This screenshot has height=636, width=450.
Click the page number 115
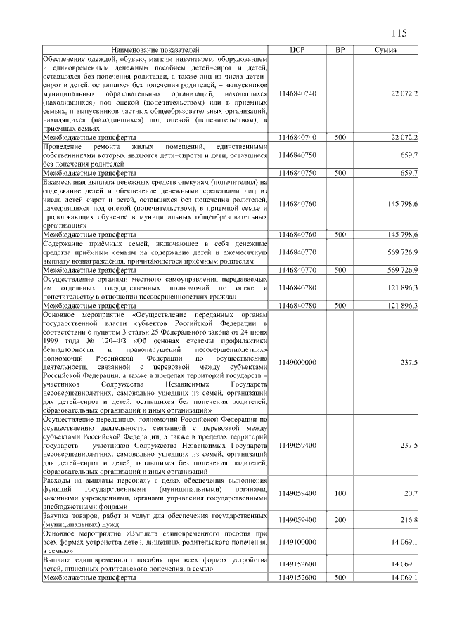(x=399, y=32)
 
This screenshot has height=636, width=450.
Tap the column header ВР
(x=340, y=50)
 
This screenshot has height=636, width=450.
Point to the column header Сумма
(x=385, y=50)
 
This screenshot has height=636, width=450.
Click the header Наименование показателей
(x=155, y=50)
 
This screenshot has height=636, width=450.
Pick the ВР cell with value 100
(x=340, y=494)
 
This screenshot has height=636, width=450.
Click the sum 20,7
(x=410, y=494)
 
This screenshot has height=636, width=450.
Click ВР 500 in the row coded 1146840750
(x=340, y=172)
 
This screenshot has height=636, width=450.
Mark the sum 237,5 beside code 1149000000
(x=409, y=362)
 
